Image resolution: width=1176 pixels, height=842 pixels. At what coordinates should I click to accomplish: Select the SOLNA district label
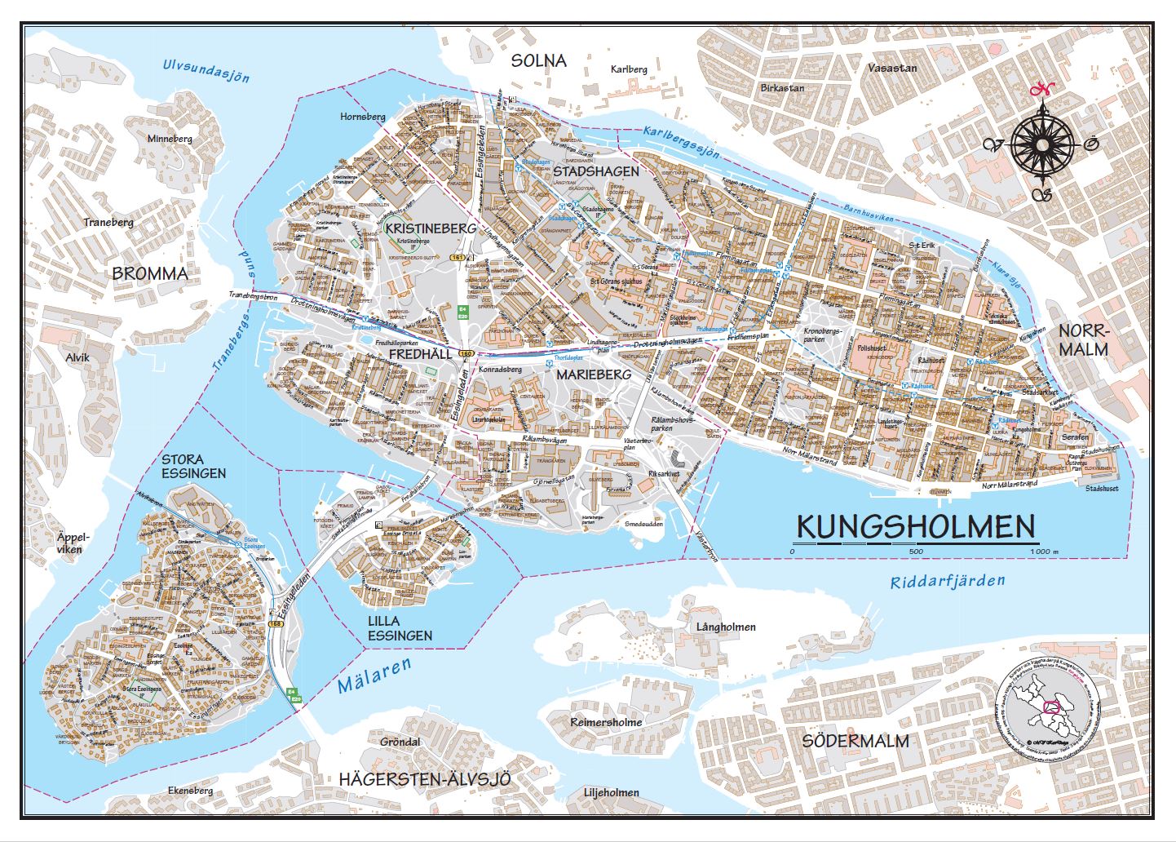click(x=537, y=61)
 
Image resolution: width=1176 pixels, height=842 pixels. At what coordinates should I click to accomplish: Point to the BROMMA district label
click(x=150, y=273)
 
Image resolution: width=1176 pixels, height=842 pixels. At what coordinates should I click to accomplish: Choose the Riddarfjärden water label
click(x=948, y=582)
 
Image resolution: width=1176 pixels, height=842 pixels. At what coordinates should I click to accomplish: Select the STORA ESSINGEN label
click(x=193, y=466)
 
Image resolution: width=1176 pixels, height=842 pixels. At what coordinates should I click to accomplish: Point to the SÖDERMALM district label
click(x=855, y=741)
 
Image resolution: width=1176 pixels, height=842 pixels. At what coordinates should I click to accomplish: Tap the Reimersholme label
click(x=606, y=722)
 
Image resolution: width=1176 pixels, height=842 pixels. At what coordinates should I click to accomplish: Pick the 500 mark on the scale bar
click(x=915, y=552)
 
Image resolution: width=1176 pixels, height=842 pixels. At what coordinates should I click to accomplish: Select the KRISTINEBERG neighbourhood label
click(x=431, y=228)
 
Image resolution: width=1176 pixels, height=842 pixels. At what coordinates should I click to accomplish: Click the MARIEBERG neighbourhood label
click(x=594, y=374)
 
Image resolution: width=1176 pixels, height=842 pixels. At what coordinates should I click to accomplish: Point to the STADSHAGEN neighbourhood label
click(x=595, y=172)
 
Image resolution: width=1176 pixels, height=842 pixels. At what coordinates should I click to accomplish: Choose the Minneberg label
click(x=170, y=139)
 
